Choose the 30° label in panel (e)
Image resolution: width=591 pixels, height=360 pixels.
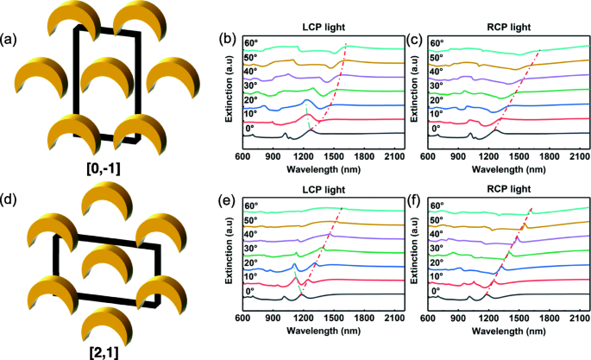click(251, 248)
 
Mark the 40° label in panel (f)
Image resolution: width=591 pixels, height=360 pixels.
click(438, 235)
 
